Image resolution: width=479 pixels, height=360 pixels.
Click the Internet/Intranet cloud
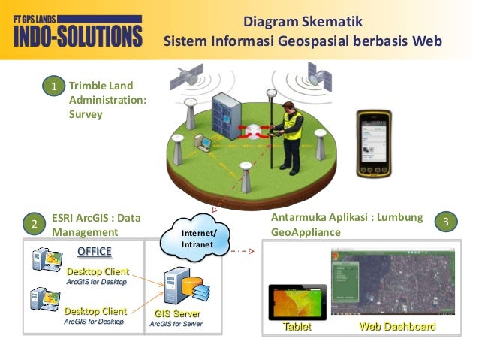pyautogui.click(x=197, y=235)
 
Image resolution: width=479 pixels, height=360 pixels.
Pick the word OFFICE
pyautogui.click(x=95, y=251)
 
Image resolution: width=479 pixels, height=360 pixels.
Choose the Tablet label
pyautogui.click(x=296, y=327)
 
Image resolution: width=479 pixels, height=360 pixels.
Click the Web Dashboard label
pyautogui.click(x=396, y=327)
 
